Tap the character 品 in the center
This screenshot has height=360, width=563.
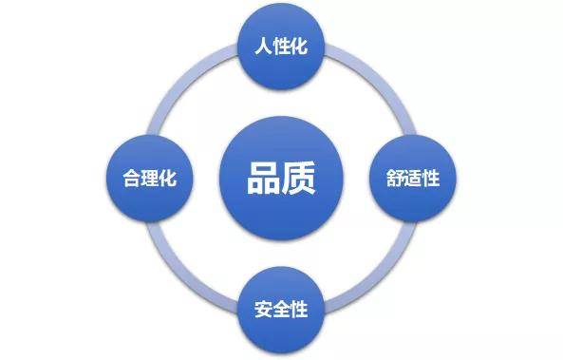point(263,178)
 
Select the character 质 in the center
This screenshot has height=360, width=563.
point(298,178)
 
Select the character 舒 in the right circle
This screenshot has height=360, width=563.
point(396,178)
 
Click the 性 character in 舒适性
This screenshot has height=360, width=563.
point(431,178)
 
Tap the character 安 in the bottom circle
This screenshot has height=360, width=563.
point(263,311)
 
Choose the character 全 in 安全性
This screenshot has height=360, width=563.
point(281,311)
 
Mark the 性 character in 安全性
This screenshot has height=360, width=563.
point(298,311)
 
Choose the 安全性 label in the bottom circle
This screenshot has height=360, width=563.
point(281,311)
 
